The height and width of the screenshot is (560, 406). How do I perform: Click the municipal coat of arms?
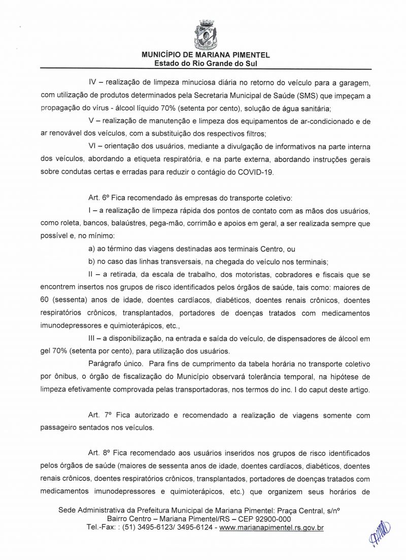pyautogui.click(x=205, y=33)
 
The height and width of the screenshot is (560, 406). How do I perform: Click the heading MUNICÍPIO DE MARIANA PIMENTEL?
pyautogui.click(x=205, y=55)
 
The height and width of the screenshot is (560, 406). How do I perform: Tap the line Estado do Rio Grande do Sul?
pyautogui.click(x=205, y=63)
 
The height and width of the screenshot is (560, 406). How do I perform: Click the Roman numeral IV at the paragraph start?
pyautogui.click(x=93, y=82)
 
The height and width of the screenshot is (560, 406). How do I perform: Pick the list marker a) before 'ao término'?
pyautogui.click(x=92, y=249)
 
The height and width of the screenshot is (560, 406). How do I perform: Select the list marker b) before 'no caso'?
pyautogui.click(x=92, y=262)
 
